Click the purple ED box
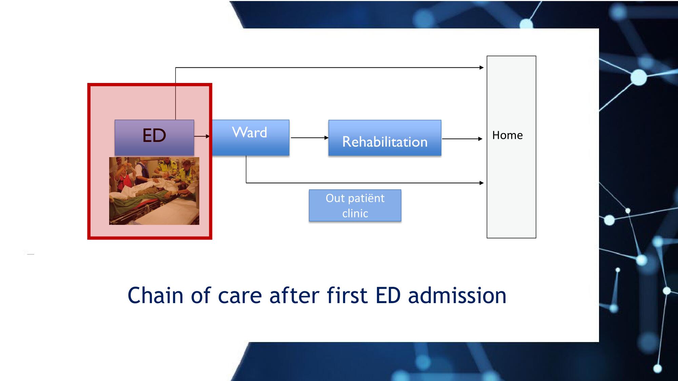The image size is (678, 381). click(154, 137)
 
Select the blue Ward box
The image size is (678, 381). click(251, 137)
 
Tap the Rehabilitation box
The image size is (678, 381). click(385, 138)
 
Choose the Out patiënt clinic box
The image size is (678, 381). click(355, 206)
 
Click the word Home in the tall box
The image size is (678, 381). click(507, 135)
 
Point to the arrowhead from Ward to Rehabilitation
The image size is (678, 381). click(326, 138)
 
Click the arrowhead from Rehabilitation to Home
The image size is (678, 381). click(480, 139)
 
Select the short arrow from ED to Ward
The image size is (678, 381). click(202, 136)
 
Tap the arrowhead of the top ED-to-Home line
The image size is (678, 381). click(482, 68)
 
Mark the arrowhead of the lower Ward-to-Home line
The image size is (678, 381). click(482, 183)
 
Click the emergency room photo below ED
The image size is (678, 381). click(154, 191)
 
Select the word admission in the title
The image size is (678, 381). click(457, 295)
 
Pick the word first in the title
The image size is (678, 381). click(347, 295)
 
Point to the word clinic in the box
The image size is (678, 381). click(355, 214)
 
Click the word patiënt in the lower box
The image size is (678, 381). click(365, 198)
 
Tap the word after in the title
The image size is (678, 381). click(294, 295)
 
